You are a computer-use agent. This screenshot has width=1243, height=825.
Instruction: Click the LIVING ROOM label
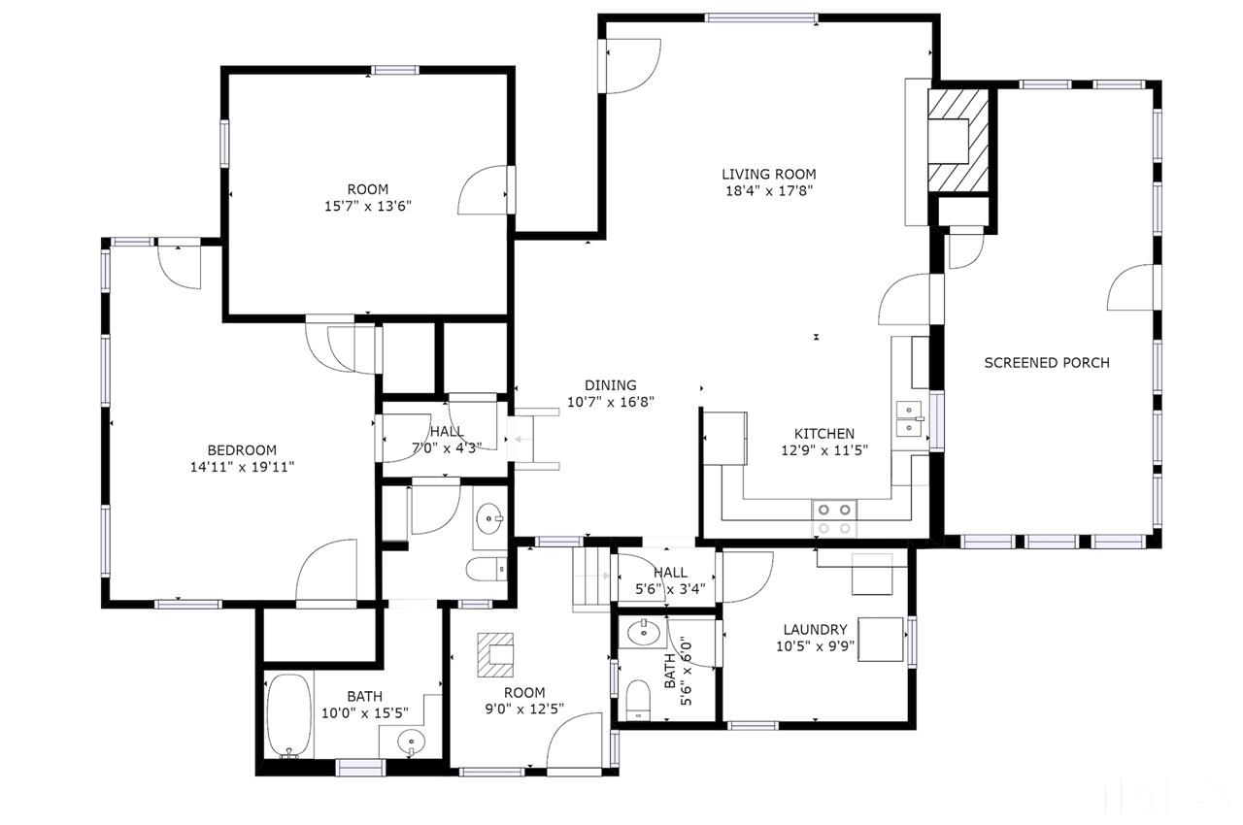(768, 175)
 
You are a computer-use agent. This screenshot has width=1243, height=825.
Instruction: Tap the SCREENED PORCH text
(1047, 363)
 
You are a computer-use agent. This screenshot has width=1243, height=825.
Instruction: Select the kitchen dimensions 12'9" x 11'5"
(824, 450)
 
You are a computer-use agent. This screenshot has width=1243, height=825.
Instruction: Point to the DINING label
(610, 385)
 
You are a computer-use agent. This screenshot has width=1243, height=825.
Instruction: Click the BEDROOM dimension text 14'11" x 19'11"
(242, 467)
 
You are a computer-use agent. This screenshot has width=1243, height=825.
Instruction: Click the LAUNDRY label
(811, 629)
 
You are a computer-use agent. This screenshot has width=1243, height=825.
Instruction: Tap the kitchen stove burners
(834, 518)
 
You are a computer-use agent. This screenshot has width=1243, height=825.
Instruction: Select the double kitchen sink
(909, 417)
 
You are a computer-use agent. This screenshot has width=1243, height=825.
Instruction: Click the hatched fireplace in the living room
(959, 138)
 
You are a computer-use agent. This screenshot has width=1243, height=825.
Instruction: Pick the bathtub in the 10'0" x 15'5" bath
(287, 716)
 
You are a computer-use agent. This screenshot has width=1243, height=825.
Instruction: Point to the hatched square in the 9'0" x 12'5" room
(499, 655)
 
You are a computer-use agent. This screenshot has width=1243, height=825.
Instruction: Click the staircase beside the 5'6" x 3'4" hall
(589, 578)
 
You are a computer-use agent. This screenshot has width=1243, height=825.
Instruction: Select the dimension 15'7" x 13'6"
(367, 206)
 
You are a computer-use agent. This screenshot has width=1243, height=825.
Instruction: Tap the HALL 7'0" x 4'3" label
(447, 440)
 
